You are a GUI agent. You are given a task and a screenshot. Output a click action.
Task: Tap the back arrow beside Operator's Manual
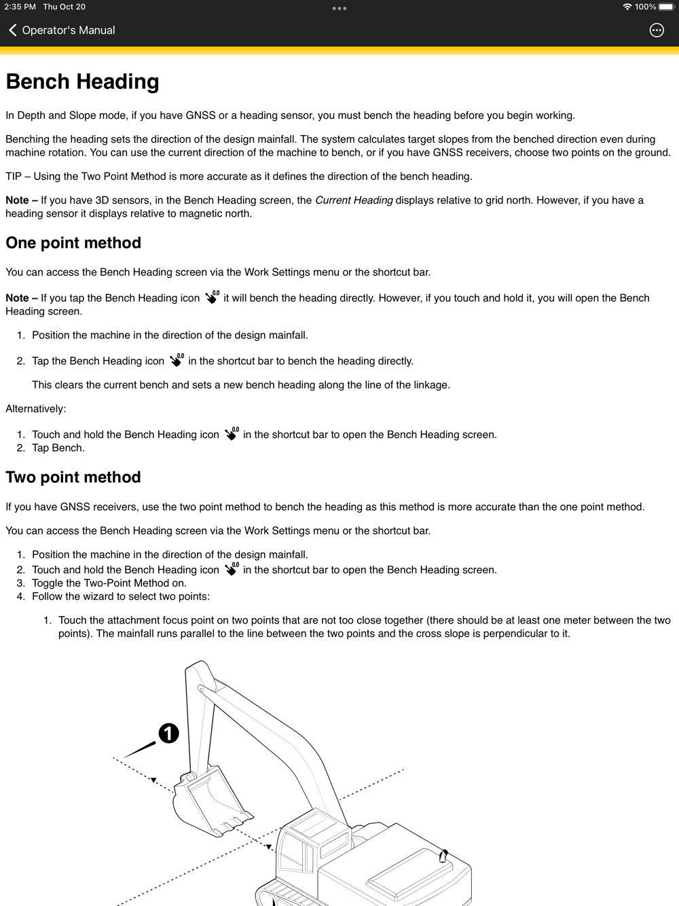tap(13, 30)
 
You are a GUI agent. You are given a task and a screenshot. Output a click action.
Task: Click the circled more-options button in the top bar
tap(657, 30)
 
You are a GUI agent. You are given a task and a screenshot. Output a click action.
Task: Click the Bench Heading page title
tap(82, 82)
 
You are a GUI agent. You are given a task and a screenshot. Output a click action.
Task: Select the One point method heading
tap(73, 243)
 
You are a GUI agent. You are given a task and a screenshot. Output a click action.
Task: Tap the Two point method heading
tap(73, 477)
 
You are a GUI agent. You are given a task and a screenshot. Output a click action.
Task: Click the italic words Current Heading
tap(354, 200)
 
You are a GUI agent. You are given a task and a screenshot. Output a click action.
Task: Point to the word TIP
tap(14, 177)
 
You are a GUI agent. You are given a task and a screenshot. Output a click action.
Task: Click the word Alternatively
tap(36, 409)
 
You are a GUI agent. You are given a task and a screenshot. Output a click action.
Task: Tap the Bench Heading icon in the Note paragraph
tap(212, 297)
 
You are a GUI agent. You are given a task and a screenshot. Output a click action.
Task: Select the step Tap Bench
tap(58, 448)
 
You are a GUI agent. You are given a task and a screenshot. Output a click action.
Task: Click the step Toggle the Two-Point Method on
tap(109, 583)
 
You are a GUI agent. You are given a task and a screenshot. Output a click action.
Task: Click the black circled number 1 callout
tap(168, 733)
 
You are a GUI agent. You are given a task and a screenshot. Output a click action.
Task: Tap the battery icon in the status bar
tap(666, 7)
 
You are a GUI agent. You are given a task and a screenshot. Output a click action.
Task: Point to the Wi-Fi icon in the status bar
tap(627, 7)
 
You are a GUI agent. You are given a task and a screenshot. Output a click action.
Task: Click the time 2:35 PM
tap(20, 7)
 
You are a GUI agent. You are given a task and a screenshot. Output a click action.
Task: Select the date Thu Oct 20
tap(65, 7)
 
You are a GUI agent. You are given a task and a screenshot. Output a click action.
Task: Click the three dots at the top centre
tap(339, 8)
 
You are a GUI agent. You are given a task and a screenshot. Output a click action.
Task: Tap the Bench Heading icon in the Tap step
tap(177, 361)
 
